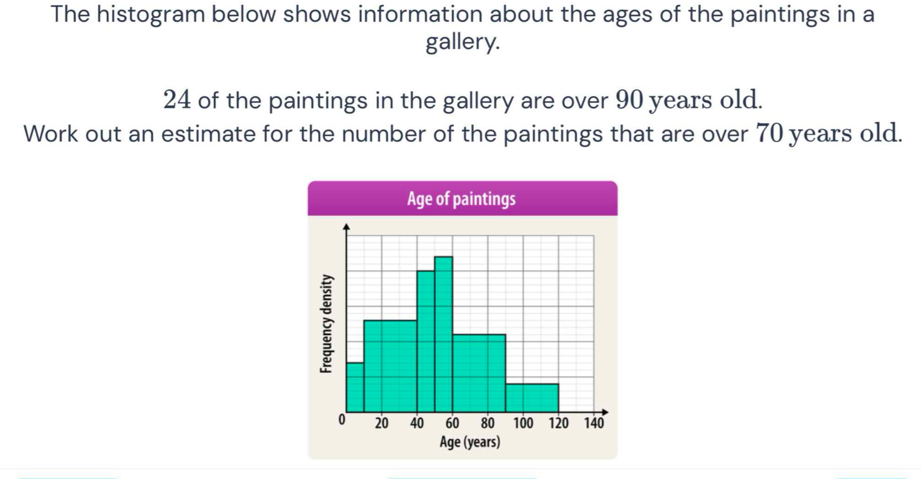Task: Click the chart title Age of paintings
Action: click(x=461, y=199)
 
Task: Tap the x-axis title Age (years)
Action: click(x=469, y=442)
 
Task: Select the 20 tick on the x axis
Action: click(x=382, y=423)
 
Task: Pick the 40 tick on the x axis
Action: click(x=417, y=423)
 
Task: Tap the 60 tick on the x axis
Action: click(x=452, y=423)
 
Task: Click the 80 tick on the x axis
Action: click(x=488, y=423)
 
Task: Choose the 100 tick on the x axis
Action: click(x=523, y=423)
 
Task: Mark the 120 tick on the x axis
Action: click(x=559, y=423)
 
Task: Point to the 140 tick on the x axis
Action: click(x=594, y=423)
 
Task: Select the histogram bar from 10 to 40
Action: click(x=390, y=366)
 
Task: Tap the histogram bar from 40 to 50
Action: click(x=426, y=341)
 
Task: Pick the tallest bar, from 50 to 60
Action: click(x=443, y=334)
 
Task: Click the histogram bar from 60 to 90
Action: click(x=479, y=373)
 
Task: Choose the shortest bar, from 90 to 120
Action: click(x=532, y=398)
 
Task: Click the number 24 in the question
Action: click(x=177, y=100)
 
